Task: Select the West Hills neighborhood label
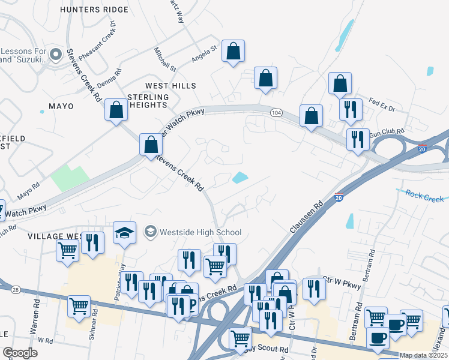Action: click(x=170, y=86)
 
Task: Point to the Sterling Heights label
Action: click(x=148, y=101)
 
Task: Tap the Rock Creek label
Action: click(x=424, y=196)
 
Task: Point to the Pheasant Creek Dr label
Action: click(x=96, y=43)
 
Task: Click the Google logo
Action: click(x=20, y=353)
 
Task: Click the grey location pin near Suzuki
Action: click(x=56, y=55)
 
